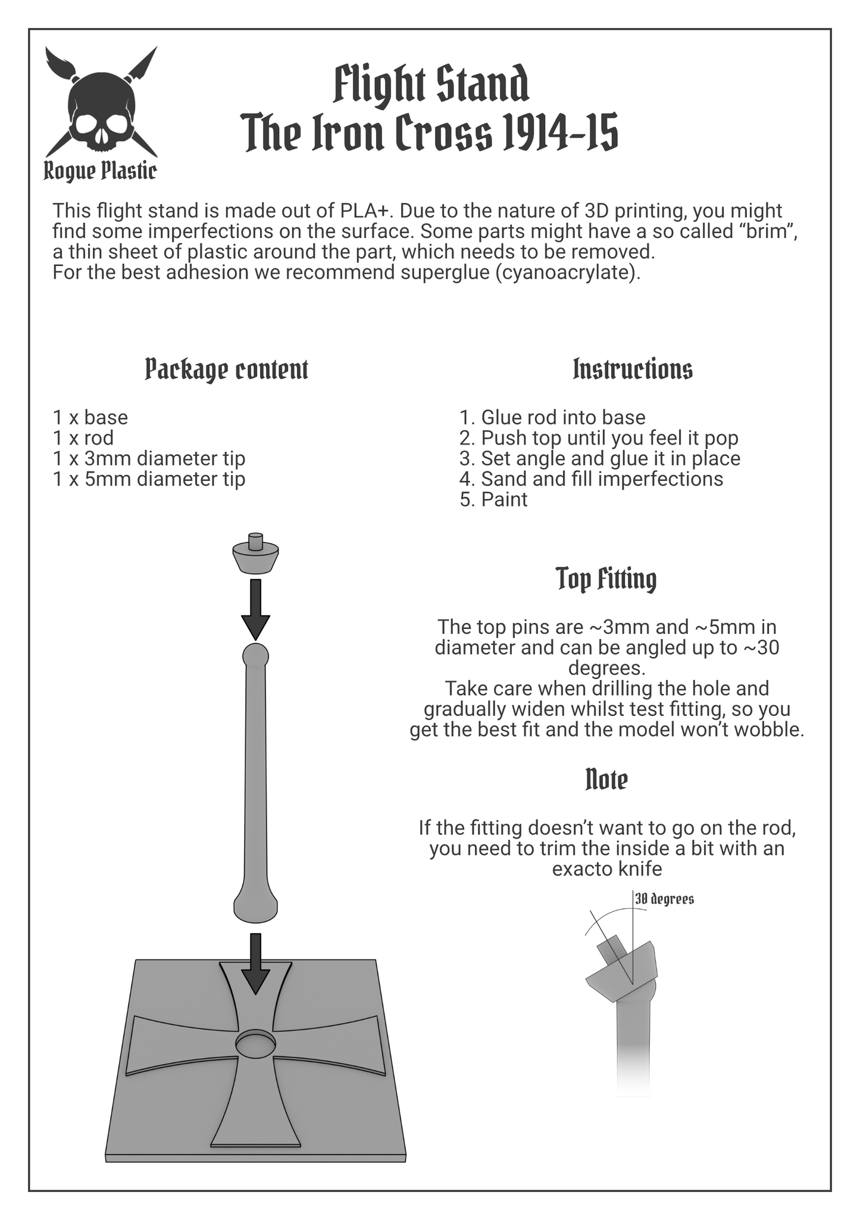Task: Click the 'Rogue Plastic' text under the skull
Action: pos(100,171)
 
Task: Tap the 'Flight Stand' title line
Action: pos(430,85)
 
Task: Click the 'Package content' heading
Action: pos(227,370)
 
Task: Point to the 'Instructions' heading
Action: pos(633,369)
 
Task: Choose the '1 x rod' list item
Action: pos(83,438)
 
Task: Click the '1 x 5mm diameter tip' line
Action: pos(149,479)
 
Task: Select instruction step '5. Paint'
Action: pos(493,499)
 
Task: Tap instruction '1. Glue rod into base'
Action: pos(552,418)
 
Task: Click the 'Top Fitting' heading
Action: pos(606,579)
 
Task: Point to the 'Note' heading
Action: pos(606,780)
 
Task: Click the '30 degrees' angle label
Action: pos(664,899)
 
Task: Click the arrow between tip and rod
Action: pos(256,609)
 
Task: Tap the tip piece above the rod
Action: pos(256,555)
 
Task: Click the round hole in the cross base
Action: pos(256,1044)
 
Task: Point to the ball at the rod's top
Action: pos(256,656)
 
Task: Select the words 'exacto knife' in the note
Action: pos(607,869)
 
